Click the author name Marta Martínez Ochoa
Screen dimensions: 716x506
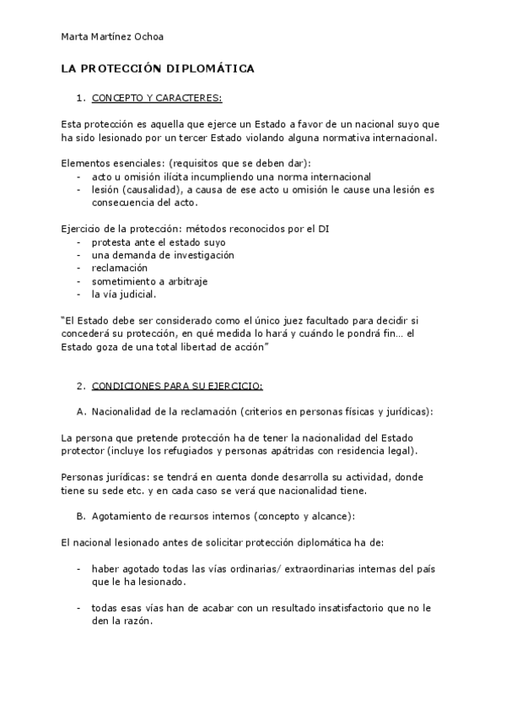tap(113, 36)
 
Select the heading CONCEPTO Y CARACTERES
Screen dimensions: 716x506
tap(157, 97)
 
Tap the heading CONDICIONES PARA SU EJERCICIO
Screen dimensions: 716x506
tap(177, 386)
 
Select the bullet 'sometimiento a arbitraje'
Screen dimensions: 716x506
tap(150, 281)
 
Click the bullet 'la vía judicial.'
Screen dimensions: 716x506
tap(124, 295)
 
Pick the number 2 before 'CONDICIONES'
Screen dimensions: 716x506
tap(79, 386)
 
